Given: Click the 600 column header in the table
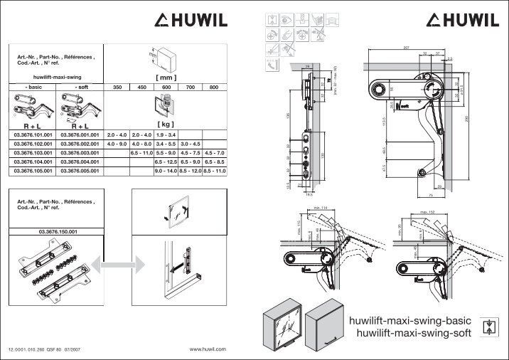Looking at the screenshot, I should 166,87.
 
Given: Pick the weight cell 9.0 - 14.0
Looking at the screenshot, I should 166,171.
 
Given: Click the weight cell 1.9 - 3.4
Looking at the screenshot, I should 166,134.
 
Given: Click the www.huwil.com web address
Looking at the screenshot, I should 208,349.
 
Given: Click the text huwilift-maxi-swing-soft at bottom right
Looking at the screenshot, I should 414,334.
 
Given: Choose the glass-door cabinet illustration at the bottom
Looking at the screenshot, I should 282,324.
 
